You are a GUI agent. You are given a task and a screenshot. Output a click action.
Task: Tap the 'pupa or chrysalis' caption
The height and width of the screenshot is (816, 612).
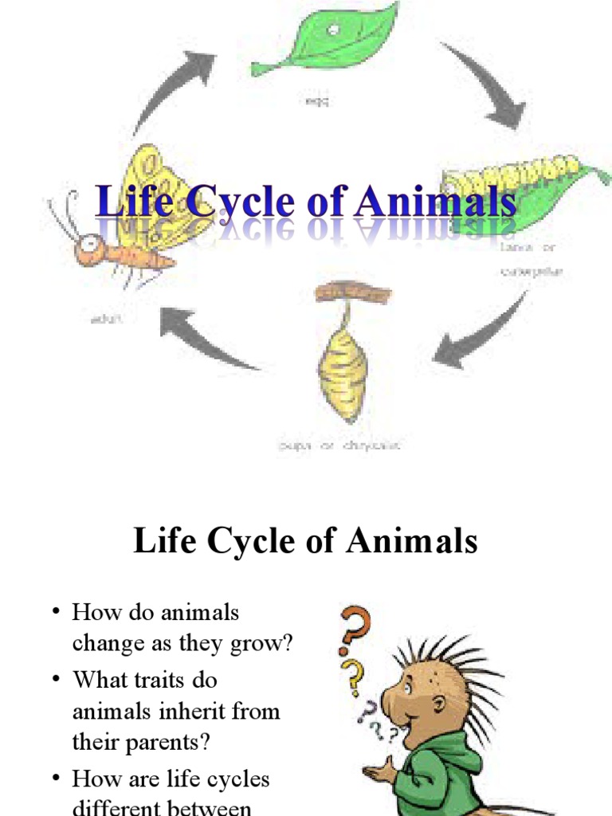tap(339, 445)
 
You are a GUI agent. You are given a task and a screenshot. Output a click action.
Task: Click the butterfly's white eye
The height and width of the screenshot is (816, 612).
tap(94, 242)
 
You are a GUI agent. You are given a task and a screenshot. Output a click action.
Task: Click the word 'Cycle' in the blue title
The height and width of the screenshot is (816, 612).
tap(230, 201)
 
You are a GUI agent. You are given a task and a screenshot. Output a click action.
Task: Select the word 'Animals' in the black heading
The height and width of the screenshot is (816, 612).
tap(403, 542)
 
